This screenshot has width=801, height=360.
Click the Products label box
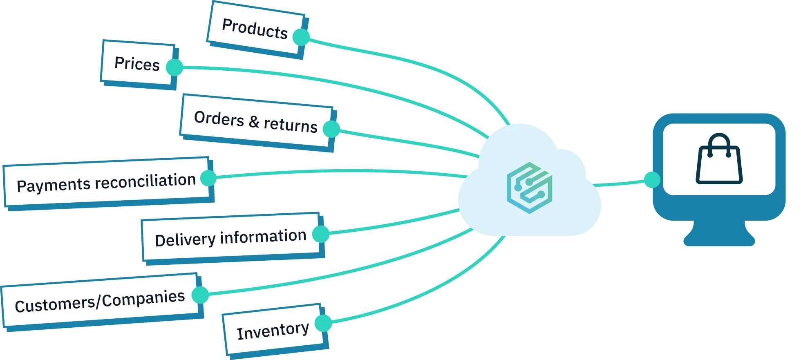click(255, 28)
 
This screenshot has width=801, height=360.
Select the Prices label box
click(137, 64)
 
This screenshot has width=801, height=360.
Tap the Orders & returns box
click(255, 121)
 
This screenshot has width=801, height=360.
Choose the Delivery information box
click(230, 237)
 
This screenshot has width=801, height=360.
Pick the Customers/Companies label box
click(100, 301)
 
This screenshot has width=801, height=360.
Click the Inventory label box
click(273, 330)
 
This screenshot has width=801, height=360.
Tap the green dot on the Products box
click(301, 37)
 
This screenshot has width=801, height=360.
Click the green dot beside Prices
click(175, 67)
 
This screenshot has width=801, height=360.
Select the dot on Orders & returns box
click(331, 129)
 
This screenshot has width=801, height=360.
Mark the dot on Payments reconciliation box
click(209, 178)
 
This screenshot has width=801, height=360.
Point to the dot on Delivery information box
click(321, 234)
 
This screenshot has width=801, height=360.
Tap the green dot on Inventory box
click(324, 323)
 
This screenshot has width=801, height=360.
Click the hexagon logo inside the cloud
click(529, 188)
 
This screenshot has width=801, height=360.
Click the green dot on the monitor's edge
click(651, 180)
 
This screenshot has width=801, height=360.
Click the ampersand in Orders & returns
click(254, 122)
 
